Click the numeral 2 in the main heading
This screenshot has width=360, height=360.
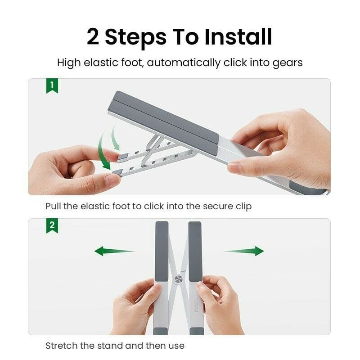click(93, 37)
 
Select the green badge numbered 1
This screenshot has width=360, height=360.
click(52, 85)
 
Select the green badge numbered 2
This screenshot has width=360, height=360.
click(52, 225)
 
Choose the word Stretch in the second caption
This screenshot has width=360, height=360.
click(59, 346)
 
